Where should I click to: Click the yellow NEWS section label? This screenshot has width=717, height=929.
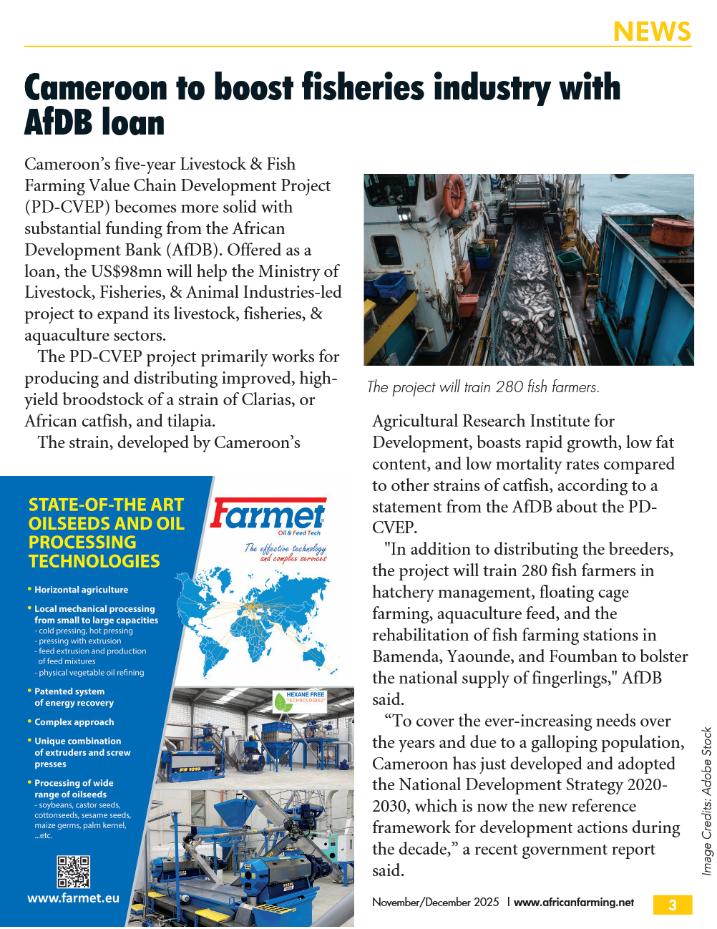tap(652, 31)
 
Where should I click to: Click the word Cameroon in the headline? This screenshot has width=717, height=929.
tap(95, 88)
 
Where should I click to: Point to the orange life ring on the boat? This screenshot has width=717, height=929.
tap(453, 194)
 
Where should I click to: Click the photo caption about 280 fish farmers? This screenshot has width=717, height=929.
tap(483, 387)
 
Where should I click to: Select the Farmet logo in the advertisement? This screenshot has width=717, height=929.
tap(268, 516)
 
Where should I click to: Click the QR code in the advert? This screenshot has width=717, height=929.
tap(73, 872)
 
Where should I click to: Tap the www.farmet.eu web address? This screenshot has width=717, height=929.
tap(73, 898)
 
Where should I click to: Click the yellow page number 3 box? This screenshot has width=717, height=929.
tap(672, 905)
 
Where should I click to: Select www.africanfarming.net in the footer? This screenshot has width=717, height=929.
tap(574, 903)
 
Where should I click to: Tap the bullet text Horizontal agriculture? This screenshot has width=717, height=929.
tap(82, 590)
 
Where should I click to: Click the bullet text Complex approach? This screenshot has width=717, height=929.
tap(74, 722)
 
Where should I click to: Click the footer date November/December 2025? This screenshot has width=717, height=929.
tap(435, 903)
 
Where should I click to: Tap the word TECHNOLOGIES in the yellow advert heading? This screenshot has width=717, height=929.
tap(94, 561)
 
